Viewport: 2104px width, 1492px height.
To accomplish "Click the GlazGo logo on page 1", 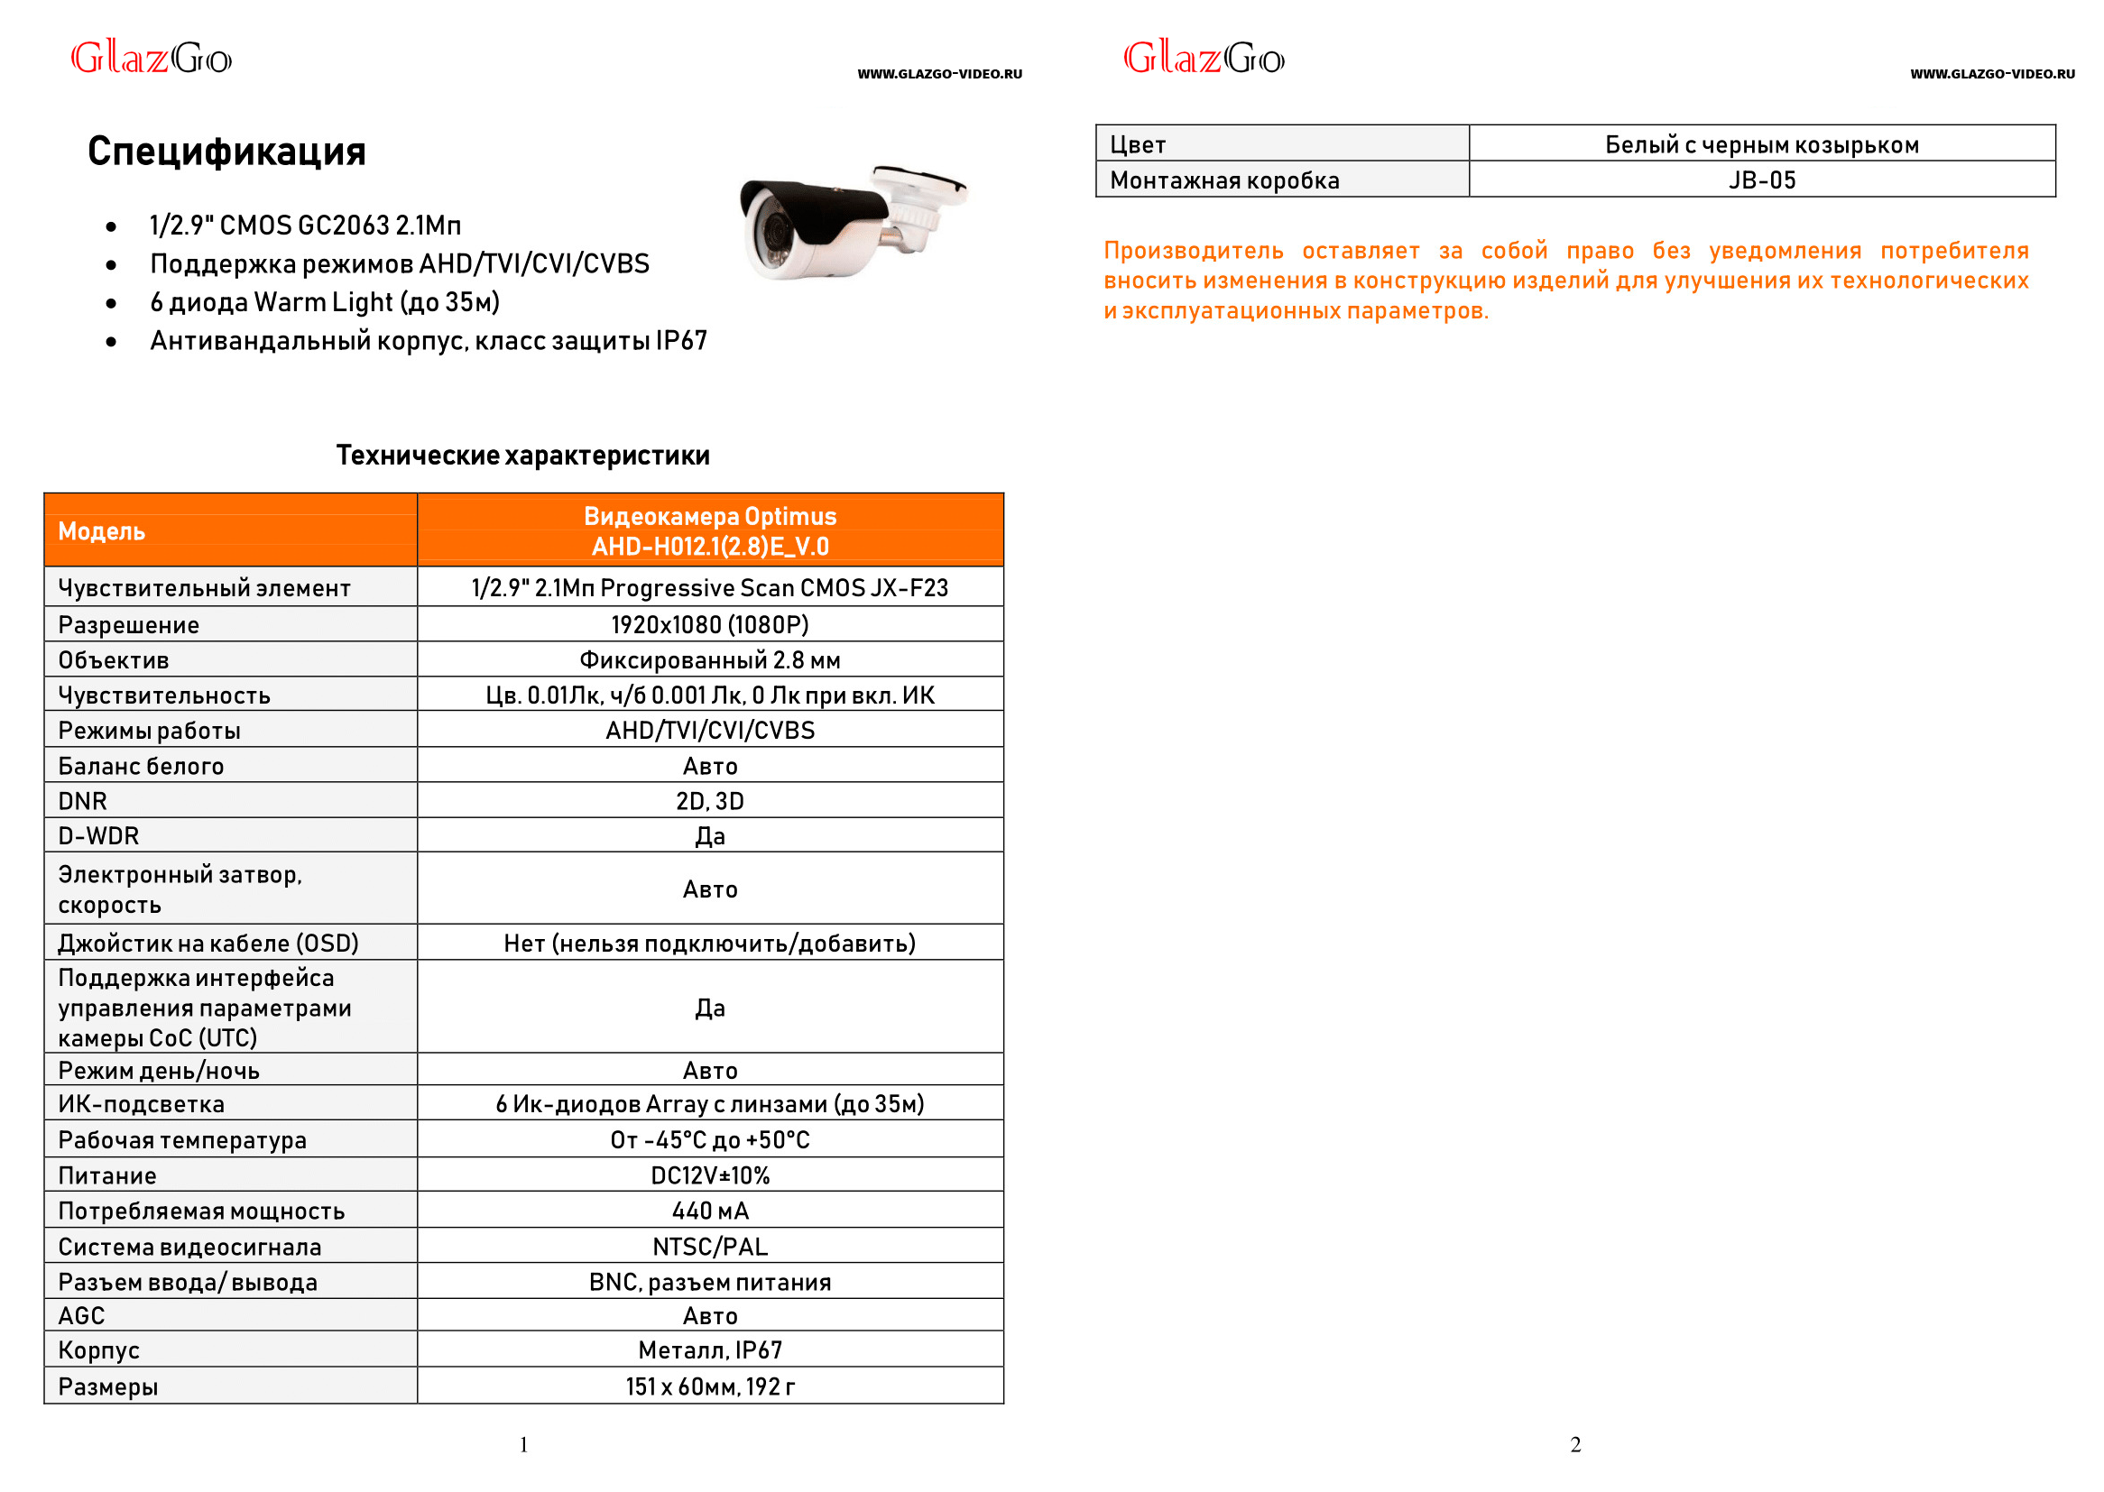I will (x=152, y=59).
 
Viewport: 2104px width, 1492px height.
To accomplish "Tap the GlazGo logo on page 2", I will (x=1204, y=59).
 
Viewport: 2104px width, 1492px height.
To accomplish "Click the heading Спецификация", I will (x=226, y=152).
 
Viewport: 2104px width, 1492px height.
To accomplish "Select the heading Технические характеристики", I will (x=521, y=456).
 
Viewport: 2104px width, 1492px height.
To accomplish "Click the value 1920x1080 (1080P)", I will (x=709, y=625).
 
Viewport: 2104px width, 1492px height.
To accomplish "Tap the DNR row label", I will (x=83, y=801).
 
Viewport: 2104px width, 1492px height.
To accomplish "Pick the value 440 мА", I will (x=709, y=1211).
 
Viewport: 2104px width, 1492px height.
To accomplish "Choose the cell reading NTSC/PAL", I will (x=709, y=1247).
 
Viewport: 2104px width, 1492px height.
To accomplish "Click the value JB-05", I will (x=1760, y=180).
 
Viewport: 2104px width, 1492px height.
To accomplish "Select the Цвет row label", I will (x=1138, y=145).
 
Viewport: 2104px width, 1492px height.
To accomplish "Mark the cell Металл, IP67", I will (x=709, y=1350).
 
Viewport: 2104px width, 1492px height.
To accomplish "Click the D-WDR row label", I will (x=98, y=836).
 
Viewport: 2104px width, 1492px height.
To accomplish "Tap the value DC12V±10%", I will (x=709, y=1176).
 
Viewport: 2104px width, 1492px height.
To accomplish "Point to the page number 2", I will (x=1574, y=1445).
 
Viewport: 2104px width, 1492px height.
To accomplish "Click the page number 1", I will (x=523, y=1445).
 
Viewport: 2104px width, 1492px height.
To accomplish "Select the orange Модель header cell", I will (x=230, y=531).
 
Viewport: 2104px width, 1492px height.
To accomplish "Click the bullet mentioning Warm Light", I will (x=324, y=302).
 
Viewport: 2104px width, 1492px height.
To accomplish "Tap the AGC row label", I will (x=82, y=1316).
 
